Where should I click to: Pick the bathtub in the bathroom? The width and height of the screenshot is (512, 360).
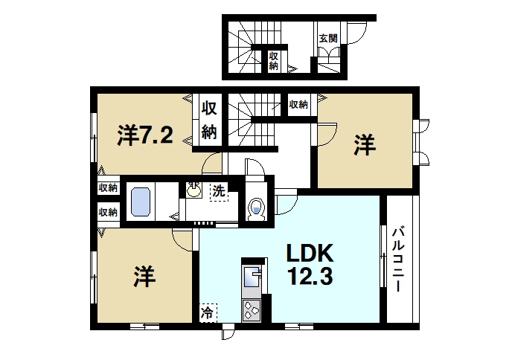[141, 201]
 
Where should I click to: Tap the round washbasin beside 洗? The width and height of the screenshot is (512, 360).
[194, 192]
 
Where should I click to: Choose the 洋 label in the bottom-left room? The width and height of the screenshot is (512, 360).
[145, 277]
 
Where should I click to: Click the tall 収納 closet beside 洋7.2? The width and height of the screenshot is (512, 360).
[209, 120]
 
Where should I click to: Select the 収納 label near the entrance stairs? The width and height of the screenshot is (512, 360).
[274, 60]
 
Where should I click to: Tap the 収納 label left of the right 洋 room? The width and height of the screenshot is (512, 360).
[298, 104]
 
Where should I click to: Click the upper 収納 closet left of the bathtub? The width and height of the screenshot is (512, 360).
[108, 188]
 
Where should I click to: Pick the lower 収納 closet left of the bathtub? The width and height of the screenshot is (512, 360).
[108, 212]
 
